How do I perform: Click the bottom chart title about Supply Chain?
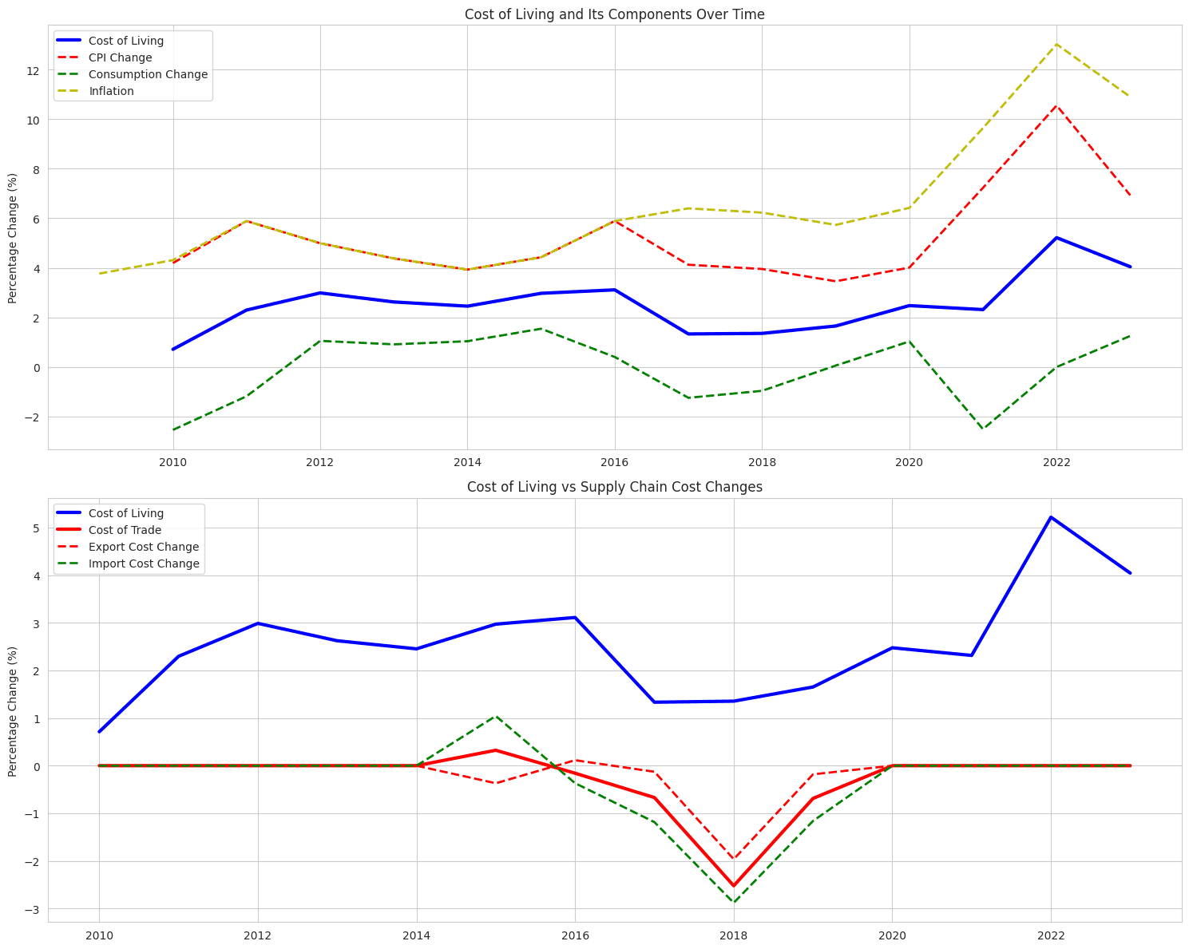coord(614,487)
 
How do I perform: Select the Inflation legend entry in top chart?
coord(111,91)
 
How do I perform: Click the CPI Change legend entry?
coord(120,57)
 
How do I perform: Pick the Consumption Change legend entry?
coord(148,74)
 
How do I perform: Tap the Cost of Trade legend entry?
coord(125,530)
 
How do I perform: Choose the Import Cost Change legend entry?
coord(144,563)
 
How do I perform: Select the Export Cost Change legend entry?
coord(143,547)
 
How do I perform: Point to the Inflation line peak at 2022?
coord(1056,44)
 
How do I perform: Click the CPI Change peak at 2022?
coord(1056,105)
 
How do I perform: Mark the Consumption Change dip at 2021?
coord(983,429)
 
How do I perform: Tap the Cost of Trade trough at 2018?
coord(733,886)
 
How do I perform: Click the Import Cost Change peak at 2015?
coord(496,716)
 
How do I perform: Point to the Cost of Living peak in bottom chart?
coord(1051,517)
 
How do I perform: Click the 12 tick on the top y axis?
coord(33,70)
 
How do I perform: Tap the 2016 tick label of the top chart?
coord(614,462)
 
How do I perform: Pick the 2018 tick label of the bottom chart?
coord(733,935)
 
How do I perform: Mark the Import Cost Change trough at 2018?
coord(733,903)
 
